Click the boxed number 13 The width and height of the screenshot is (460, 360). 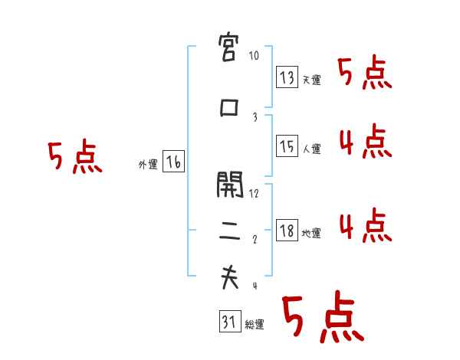(x=287, y=77)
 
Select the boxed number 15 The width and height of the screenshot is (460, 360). (x=287, y=146)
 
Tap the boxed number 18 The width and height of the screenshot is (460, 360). (x=287, y=231)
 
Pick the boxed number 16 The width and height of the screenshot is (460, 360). (x=173, y=162)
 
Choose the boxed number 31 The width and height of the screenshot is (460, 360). (x=228, y=322)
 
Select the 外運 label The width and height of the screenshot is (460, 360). (x=148, y=164)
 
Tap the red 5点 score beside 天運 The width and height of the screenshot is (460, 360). (x=363, y=73)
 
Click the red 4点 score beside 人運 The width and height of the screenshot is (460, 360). (x=363, y=142)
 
